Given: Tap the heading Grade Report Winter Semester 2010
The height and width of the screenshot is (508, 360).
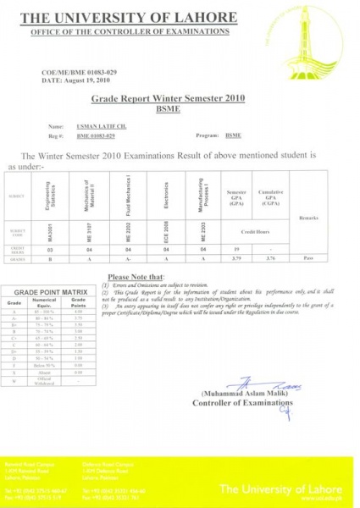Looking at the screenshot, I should tap(180, 99).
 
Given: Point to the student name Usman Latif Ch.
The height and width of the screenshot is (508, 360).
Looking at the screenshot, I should tap(99, 124).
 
